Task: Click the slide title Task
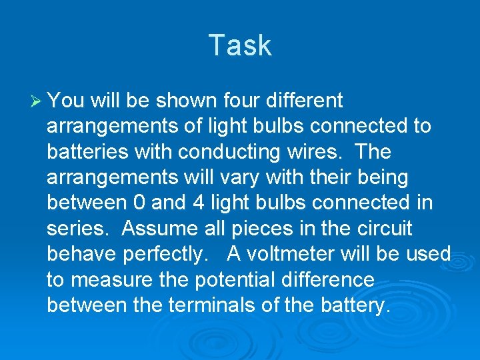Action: click(x=240, y=45)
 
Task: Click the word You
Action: click(x=66, y=101)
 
